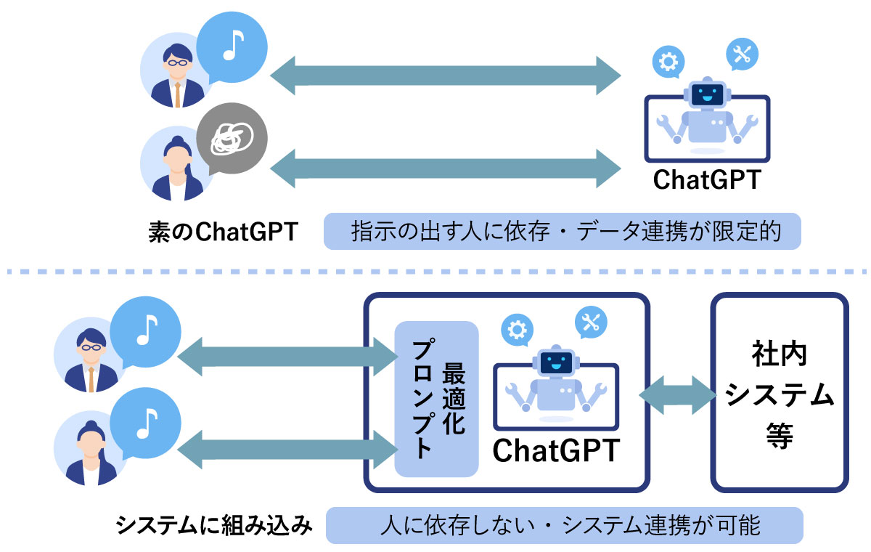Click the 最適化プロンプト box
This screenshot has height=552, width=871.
[x=436, y=398]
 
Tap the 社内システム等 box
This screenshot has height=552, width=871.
[x=780, y=392]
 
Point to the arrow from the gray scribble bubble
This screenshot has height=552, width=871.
[x=445, y=168]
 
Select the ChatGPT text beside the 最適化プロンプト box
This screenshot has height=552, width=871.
[x=556, y=450]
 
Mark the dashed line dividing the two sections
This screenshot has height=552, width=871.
[x=435, y=272]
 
